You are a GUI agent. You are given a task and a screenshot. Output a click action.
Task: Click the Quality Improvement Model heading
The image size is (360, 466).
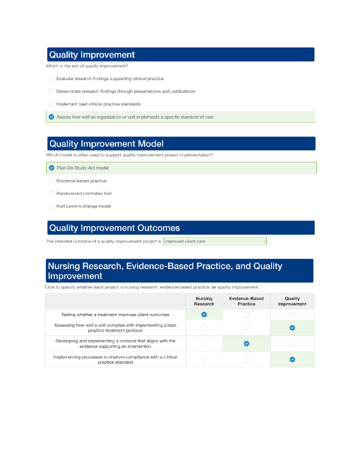click(x=106, y=144)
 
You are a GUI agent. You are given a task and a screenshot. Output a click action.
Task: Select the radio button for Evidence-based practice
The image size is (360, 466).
click(x=51, y=181)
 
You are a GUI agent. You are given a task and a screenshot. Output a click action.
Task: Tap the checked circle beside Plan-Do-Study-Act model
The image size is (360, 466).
click(x=52, y=168)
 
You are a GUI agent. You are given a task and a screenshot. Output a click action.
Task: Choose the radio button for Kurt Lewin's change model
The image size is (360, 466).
click(x=51, y=206)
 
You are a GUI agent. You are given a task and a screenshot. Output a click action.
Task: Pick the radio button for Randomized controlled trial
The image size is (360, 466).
click(x=51, y=194)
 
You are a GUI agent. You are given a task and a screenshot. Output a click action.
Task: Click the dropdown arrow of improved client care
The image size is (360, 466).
click(x=264, y=241)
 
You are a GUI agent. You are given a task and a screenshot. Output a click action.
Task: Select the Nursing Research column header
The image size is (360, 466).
click(x=204, y=301)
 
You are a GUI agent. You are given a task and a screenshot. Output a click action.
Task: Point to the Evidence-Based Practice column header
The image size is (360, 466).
click(x=246, y=301)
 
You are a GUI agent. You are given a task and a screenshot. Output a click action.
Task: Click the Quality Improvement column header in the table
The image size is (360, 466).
click(x=292, y=301)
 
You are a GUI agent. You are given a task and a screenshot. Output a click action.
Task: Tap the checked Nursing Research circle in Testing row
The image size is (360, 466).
click(x=204, y=314)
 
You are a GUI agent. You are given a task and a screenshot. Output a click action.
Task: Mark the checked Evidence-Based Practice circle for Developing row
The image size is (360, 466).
click(x=247, y=344)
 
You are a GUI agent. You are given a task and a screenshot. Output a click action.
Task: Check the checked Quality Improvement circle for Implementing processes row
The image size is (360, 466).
click(x=292, y=359)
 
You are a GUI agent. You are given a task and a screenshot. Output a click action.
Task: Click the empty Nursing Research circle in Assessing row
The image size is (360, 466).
click(x=204, y=328)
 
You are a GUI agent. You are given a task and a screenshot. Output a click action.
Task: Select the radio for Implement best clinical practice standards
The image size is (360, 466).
click(x=51, y=104)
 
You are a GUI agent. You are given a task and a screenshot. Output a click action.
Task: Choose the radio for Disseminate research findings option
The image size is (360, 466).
click(x=51, y=91)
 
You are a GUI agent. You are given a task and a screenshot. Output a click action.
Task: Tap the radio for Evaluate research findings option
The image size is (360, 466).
click(x=51, y=79)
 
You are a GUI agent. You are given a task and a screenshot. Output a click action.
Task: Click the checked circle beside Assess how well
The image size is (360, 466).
click(x=51, y=117)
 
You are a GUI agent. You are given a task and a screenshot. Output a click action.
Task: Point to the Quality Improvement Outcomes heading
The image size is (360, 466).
click(x=114, y=228)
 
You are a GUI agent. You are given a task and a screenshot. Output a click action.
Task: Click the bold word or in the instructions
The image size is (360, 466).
click(x=214, y=287)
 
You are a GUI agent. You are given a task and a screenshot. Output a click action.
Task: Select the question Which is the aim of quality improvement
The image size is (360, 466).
click(x=87, y=66)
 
